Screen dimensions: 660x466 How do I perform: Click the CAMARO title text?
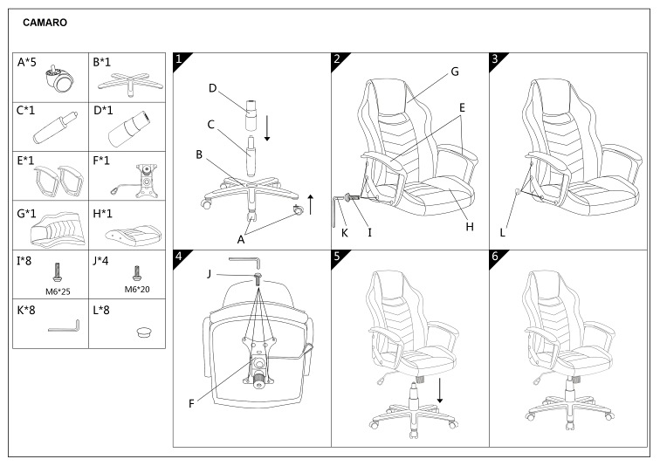pos(45,23)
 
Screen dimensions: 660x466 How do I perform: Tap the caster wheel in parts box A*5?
pos(60,78)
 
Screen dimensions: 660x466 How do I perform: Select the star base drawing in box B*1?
pos(130,85)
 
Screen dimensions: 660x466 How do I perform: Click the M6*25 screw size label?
pos(58,291)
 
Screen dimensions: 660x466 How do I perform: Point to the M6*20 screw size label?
pos(137,290)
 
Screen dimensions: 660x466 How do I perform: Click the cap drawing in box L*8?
pos(145,332)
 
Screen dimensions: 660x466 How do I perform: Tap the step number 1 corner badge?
pos(181,60)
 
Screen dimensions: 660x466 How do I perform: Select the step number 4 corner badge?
pos(181,257)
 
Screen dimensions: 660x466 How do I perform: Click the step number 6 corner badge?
pos(497,257)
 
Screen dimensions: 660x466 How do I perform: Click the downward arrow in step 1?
pos(267,128)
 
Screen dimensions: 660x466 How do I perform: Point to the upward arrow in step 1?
pos(311,204)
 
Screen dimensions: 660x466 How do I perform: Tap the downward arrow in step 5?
pos(440,390)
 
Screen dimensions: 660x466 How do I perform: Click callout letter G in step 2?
pos(455,72)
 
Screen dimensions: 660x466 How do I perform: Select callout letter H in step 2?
pos(470,227)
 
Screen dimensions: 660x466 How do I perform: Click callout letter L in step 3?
pos(502,233)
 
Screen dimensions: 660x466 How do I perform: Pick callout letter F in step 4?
pos(191,404)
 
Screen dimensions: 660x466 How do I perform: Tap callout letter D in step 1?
pos(212,88)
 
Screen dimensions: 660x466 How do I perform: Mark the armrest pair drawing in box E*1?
pos(58,181)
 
